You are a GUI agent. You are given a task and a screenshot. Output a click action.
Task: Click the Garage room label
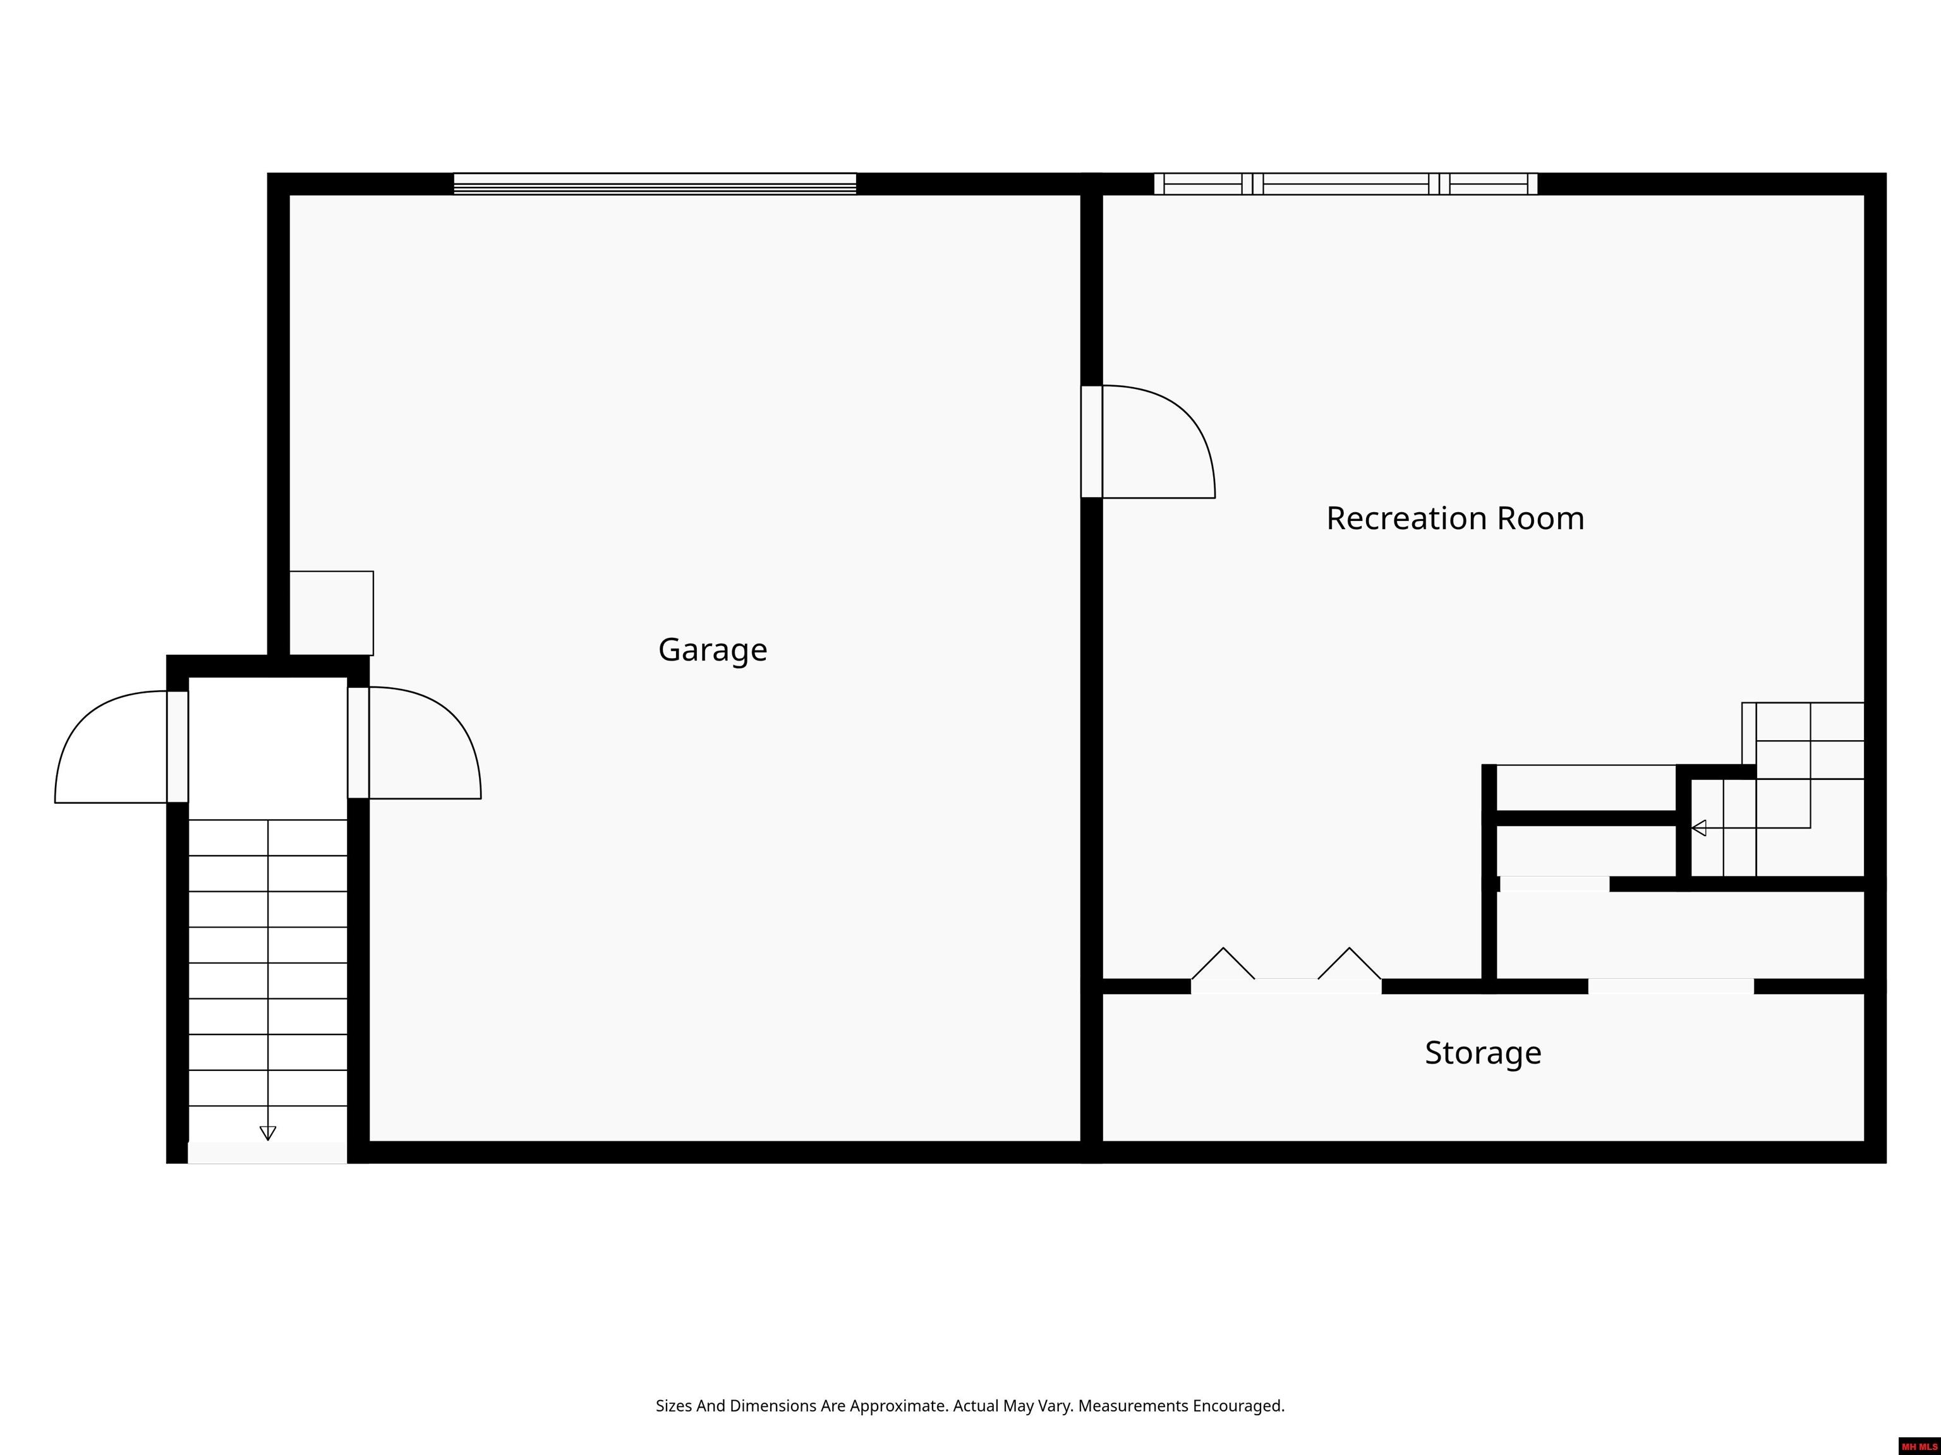coord(713,650)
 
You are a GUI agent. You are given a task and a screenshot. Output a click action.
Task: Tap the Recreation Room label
coord(1455,518)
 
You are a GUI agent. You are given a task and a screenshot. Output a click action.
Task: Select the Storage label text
coord(1482,1053)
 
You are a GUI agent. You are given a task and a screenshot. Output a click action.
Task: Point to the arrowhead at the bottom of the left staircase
coord(268,1132)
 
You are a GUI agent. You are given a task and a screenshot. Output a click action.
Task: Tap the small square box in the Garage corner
coord(331,613)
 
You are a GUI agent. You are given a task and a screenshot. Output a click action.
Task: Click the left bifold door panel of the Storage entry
coord(1223,965)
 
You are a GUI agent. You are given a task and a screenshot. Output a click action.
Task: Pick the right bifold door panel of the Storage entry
coord(1350,965)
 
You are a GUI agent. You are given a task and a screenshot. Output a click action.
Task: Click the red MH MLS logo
coord(1918,1446)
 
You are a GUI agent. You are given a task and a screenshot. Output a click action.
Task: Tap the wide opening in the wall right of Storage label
coord(1671,986)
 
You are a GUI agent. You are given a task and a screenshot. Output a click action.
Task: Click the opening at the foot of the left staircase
coord(268,1153)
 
